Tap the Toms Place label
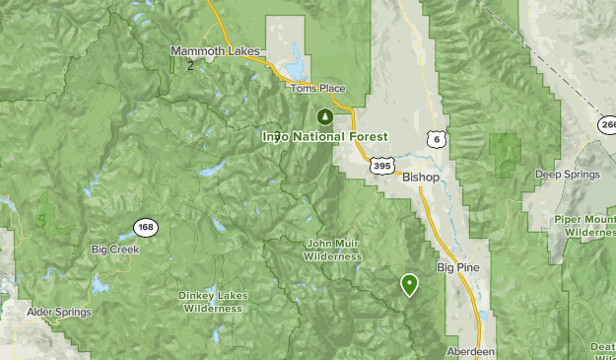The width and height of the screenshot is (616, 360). point(317,88)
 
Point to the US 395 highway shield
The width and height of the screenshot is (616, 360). point(383,166)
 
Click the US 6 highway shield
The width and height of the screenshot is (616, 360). point(436,140)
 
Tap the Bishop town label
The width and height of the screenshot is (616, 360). point(421,178)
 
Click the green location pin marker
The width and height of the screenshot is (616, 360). point(409,284)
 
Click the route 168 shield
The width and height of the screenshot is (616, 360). point(145,228)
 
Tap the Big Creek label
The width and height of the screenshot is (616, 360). point(115,250)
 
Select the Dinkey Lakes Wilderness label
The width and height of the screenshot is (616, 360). point(211,301)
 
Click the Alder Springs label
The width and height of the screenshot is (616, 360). point(59,312)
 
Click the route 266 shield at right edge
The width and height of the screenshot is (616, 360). point(607,124)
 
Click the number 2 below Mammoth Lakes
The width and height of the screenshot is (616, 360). point(189,66)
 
